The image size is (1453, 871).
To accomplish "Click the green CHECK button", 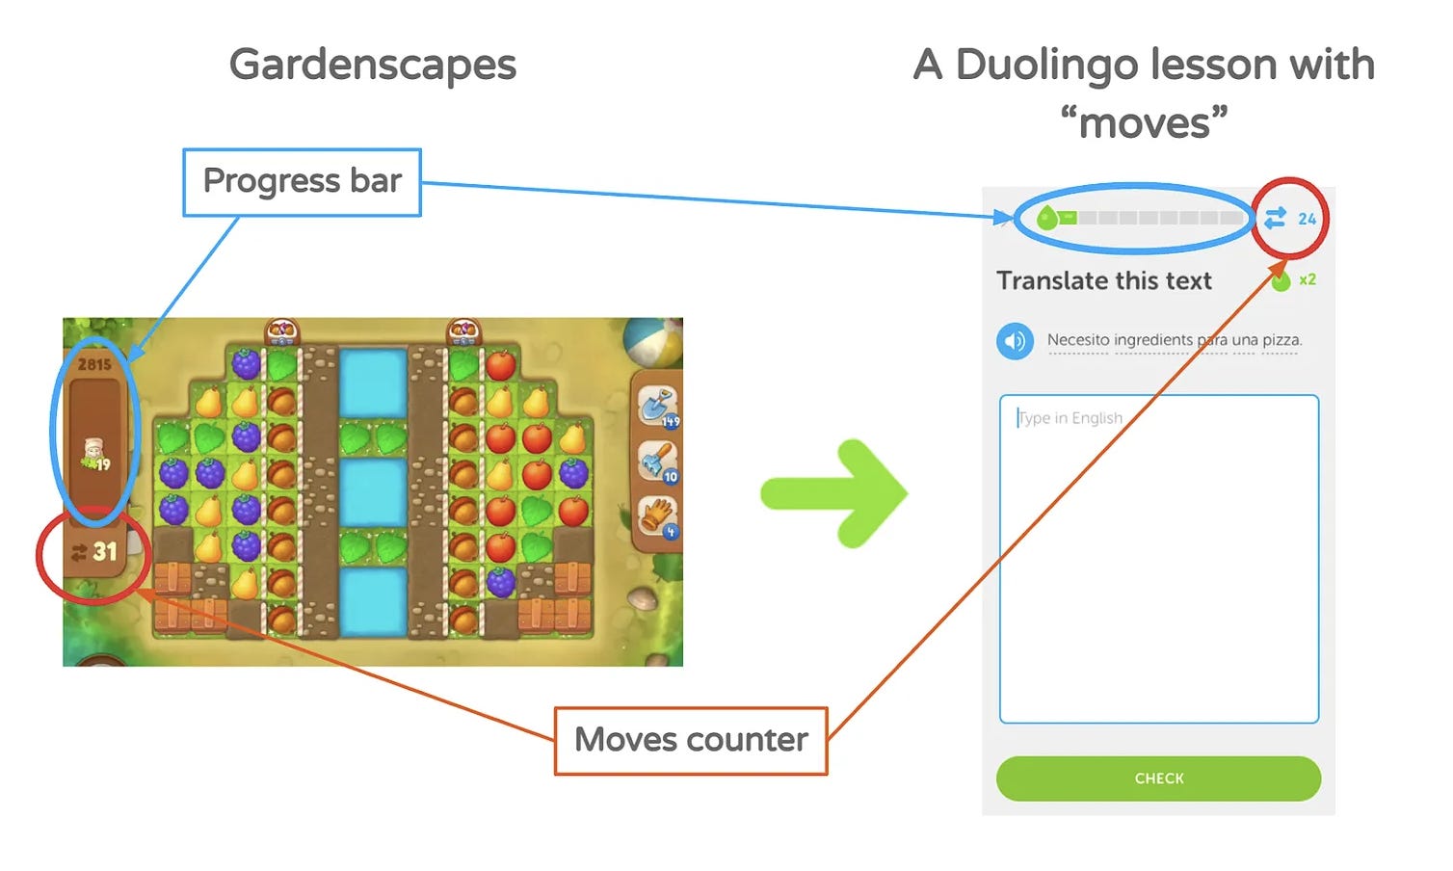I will tap(1158, 779).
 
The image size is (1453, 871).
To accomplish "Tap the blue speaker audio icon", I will tap(1015, 341).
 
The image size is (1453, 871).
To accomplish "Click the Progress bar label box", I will tap(302, 182).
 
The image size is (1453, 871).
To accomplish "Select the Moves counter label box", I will tap(691, 740).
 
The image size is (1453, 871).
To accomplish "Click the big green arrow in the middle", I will tap(834, 493).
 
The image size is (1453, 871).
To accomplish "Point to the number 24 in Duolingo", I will tap(1307, 220).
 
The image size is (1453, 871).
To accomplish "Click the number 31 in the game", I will tap(105, 552).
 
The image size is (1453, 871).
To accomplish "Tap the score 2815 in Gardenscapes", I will tap(94, 364).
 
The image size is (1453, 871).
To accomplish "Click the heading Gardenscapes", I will tap(373, 66).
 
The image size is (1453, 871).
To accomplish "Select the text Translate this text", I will tap(1103, 281).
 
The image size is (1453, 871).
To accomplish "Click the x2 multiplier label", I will tap(1308, 280).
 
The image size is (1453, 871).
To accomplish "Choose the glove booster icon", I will tap(658, 515).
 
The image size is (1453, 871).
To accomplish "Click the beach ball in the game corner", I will tap(653, 341).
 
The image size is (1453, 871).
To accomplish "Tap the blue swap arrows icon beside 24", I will tap(1275, 219).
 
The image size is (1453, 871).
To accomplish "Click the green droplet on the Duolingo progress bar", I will tap(1046, 219).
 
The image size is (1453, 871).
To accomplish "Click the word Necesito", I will tap(1077, 340).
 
